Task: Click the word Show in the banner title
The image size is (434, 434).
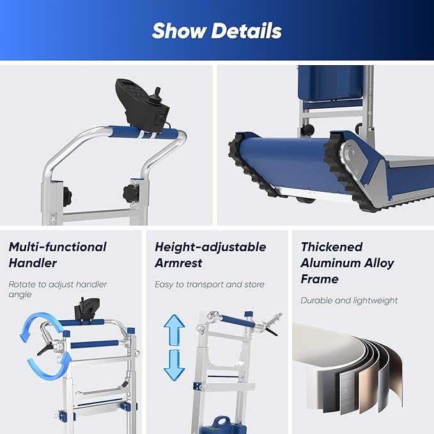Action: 180,31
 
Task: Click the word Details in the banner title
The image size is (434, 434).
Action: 247,31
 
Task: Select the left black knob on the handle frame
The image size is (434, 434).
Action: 67,196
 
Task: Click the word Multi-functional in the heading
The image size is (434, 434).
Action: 58,247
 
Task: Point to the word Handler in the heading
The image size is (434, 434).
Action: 33,263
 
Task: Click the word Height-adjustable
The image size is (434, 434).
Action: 210,247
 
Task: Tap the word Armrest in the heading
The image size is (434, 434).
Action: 178,263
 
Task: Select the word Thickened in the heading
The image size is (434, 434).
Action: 332,247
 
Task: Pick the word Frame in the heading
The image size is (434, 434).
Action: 320,279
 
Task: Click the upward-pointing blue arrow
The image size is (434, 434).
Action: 174,330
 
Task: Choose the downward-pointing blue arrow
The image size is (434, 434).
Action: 174,365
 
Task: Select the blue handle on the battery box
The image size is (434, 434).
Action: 221,421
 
